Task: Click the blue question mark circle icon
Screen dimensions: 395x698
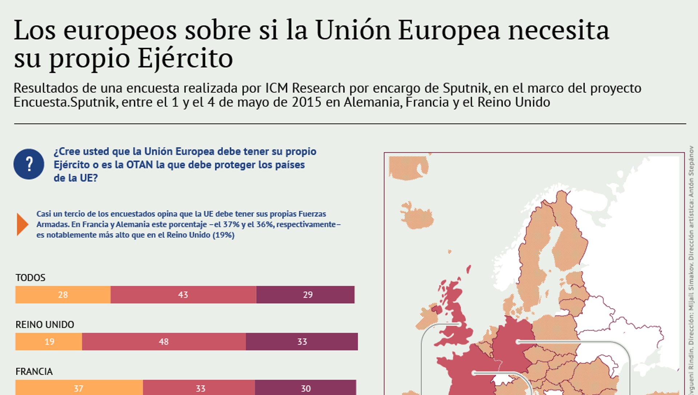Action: point(29,164)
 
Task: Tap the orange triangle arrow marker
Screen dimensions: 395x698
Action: point(22,224)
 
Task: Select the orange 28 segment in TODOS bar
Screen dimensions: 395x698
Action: point(63,295)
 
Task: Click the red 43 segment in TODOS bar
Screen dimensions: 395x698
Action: point(183,295)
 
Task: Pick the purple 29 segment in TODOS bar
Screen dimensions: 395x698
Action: point(305,295)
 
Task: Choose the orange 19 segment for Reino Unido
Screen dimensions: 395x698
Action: point(49,342)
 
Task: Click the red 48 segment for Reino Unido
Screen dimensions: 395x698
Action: point(164,342)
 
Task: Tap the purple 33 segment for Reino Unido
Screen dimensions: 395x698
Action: point(302,342)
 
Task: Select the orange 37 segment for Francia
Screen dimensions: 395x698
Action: point(79,388)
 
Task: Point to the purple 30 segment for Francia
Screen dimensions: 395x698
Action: point(305,388)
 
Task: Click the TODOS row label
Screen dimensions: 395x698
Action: point(31,278)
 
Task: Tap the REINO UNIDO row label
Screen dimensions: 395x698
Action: point(45,324)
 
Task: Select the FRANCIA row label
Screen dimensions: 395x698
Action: point(34,371)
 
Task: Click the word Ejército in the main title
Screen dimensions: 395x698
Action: point(185,58)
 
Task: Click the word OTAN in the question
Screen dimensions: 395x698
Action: point(139,165)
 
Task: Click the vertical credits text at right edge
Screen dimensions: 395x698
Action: point(691,269)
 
